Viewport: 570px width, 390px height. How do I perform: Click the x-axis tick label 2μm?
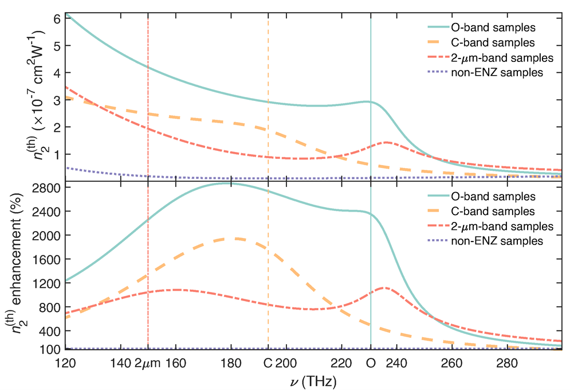click(148, 363)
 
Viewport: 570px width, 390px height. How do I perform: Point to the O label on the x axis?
click(371, 363)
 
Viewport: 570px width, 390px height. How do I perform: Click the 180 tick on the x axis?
click(231, 363)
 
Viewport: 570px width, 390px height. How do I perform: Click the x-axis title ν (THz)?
click(313, 380)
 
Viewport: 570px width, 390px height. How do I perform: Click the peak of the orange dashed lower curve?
click(235, 239)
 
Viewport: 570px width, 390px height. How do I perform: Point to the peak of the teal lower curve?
click(231, 183)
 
